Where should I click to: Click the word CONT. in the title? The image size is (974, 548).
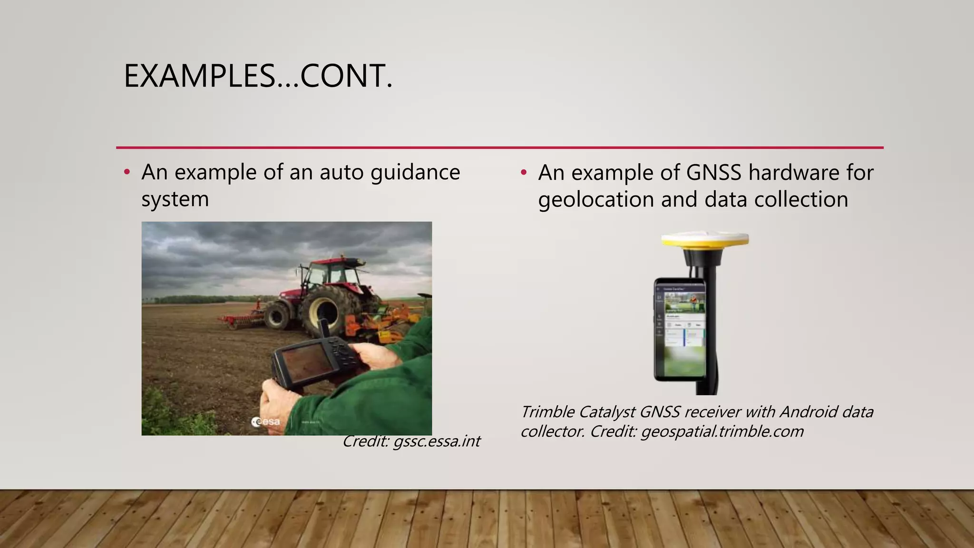coord(346,76)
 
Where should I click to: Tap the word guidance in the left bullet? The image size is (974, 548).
coord(415,172)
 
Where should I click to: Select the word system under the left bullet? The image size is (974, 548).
coord(175,199)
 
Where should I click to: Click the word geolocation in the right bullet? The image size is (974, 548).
coord(596,199)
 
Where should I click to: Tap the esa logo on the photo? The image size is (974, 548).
coord(266,422)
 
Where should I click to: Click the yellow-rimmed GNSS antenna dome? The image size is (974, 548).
coord(705,239)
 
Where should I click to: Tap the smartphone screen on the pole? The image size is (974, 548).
coord(680,328)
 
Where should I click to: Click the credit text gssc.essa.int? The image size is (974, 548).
coord(437,441)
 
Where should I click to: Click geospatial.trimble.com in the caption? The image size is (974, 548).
coord(722,432)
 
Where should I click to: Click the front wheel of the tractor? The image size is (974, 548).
coord(277,316)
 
